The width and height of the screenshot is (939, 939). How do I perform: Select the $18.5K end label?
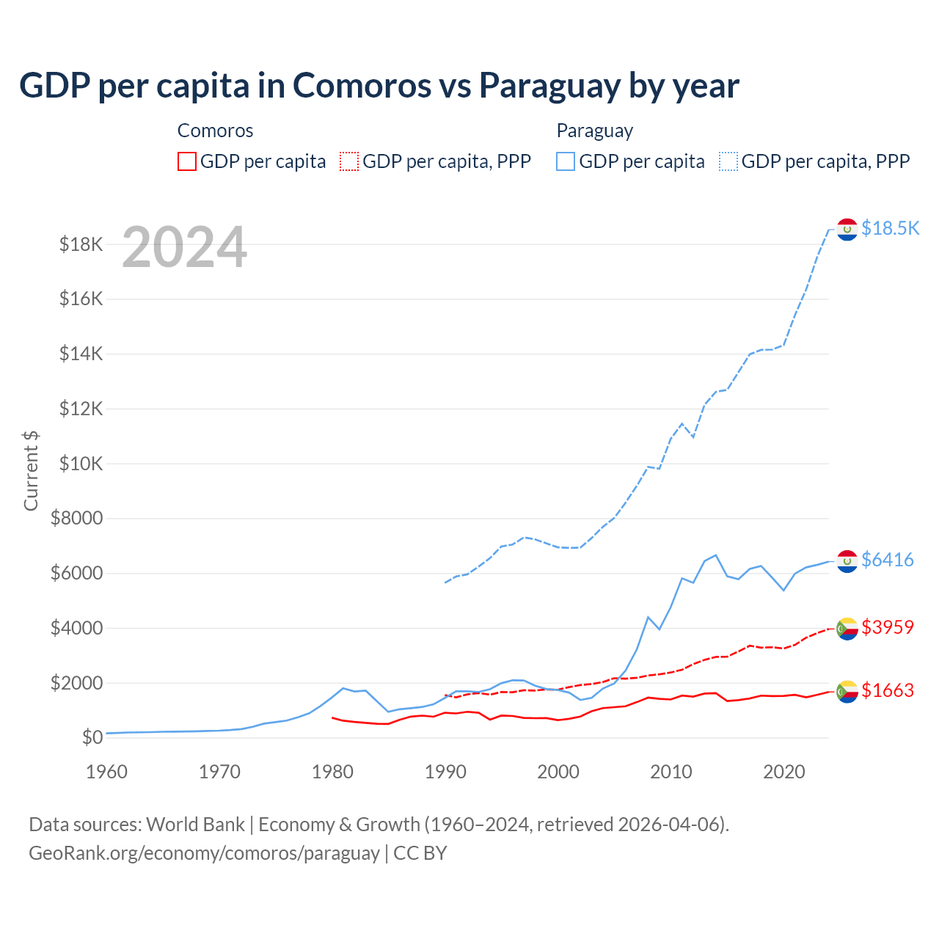click(x=890, y=228)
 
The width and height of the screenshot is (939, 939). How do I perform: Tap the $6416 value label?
click(x=887, y=560)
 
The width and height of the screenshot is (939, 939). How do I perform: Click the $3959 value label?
click(x=887, y=627)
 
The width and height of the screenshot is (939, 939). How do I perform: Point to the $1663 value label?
click(x=887, y=690)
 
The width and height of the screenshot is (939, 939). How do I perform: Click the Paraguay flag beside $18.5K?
click(x=847, y=230)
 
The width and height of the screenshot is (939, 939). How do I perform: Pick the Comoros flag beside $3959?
click(x=847, y=629)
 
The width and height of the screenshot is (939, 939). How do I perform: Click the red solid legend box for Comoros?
click(x=187, y=161)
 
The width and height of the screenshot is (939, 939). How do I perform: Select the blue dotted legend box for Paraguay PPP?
click(x=728, y=161)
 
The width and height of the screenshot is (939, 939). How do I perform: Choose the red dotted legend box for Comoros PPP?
click(x=349, y=161)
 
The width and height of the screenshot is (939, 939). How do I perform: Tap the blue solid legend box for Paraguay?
click(x=566, y=161)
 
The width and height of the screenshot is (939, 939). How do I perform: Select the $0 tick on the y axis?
click(x=92, y=737)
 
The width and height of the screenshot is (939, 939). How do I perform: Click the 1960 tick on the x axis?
click(x=107, y=772)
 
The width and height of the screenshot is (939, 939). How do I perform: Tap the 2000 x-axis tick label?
click(x=558, y=772)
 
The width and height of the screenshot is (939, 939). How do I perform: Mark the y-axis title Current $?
click(x=31, y=471)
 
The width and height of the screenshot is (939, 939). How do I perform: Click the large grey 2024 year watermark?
click(x=184, y=247)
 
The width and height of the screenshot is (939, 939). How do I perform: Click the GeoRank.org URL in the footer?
click(x=204, y=853)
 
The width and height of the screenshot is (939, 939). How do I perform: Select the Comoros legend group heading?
click(x=215, y=131)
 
